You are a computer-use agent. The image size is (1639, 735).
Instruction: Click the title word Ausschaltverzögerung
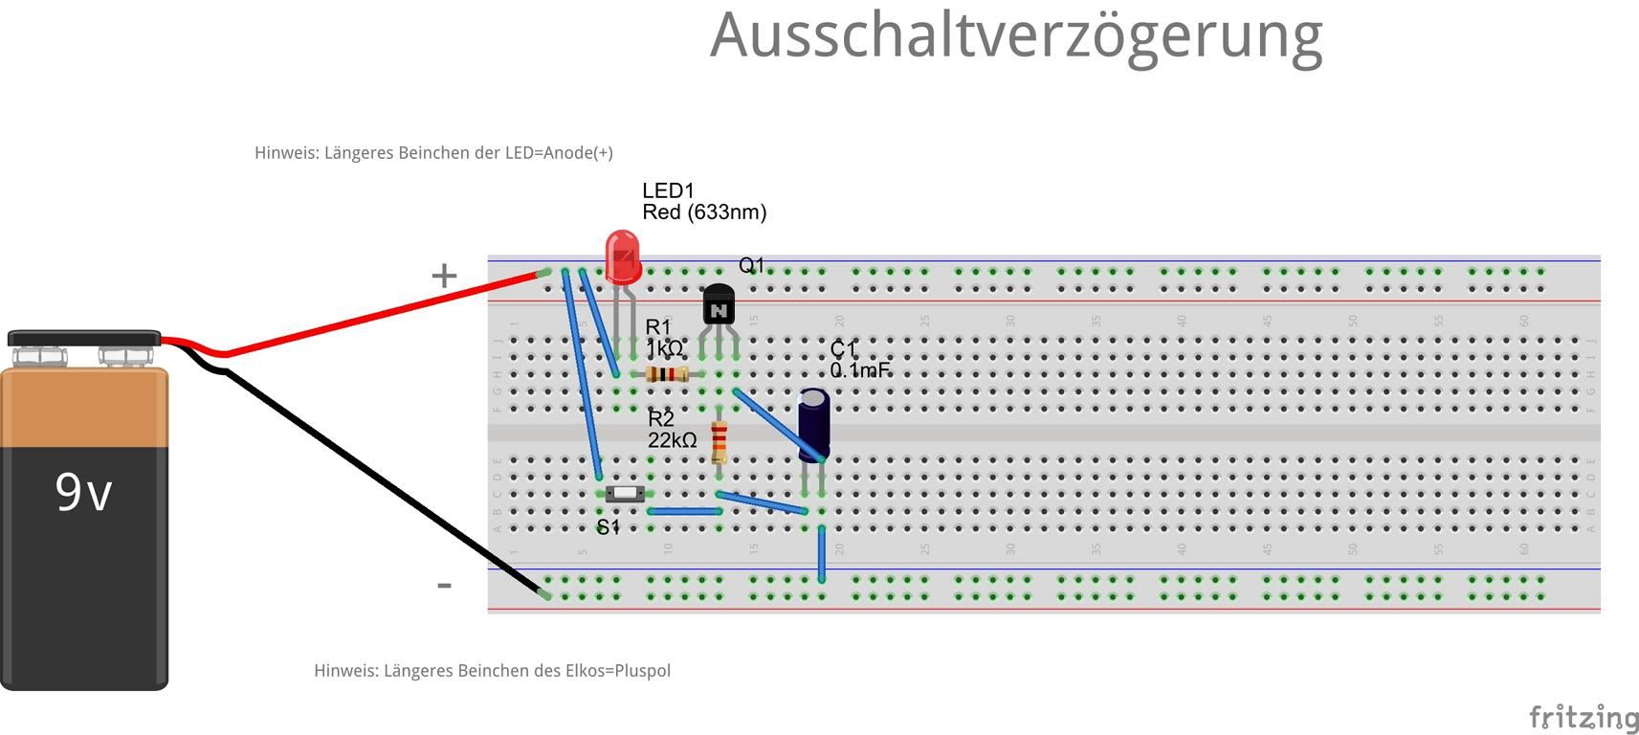coord(1016,36)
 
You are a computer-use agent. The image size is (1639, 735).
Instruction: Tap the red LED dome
coord(623,255)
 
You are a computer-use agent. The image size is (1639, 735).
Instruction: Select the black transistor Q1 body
coord(719,305)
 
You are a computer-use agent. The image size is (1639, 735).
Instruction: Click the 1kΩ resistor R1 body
coord(667,374)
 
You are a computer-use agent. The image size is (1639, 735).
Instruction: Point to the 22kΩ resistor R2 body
coord(720,441)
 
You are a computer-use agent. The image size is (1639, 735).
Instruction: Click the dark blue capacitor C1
coord(813,424)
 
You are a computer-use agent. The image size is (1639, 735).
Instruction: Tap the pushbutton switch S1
coord(625,494)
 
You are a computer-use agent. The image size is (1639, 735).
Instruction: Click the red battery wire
coord(383,313)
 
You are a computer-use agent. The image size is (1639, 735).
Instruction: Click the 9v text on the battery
coord(83,492)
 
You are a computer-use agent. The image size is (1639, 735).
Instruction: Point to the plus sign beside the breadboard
coord(444,277)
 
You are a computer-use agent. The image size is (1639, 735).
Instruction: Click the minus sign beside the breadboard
coord(444,586)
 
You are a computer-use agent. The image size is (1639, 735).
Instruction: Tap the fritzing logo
coord(1584,718)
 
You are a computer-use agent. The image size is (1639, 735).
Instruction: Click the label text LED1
coord(668,191)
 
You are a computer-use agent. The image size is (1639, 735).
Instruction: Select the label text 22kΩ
coord(672,440)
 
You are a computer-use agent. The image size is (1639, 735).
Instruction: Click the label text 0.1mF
coord(859,370)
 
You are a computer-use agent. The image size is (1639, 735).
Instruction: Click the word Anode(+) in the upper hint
coord(578,153)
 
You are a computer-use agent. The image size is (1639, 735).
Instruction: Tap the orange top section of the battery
coord(84,408)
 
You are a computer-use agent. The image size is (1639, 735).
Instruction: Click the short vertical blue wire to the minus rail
coord(822,553)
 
